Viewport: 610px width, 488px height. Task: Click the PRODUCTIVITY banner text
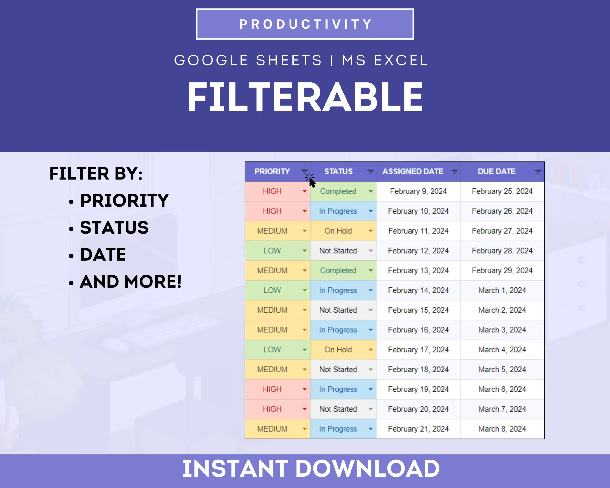tap(305, 24)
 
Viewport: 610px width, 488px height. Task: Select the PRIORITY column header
tap(272, 171)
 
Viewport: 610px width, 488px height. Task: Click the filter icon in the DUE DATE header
tap(538, 172)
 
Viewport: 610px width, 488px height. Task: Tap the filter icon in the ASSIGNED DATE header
tap(454, 172)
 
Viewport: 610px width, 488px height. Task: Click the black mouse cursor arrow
tap(312, 183)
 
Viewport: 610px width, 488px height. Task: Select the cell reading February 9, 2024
tap(418, 191)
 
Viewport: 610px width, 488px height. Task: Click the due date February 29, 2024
tap(502, 270)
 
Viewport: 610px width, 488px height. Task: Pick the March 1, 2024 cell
tap(502, 290)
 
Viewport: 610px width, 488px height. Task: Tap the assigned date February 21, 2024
tap(418, 429)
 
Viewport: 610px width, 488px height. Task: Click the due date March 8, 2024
tap(502, 429)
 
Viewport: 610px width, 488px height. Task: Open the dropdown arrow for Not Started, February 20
tap(371, 409)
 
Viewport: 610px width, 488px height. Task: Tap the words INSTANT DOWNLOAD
tap(311, 469)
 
